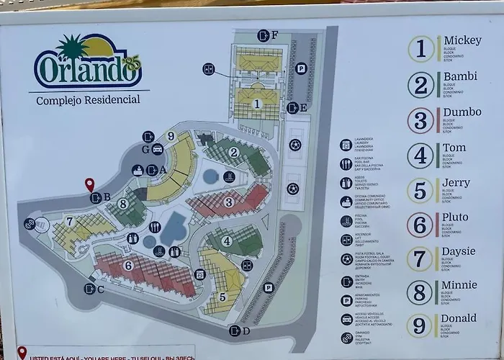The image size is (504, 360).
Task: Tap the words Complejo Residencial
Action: [89, 100]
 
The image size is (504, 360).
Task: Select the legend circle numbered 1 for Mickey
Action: [421, 49]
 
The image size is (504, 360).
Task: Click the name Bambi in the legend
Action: [460, 76]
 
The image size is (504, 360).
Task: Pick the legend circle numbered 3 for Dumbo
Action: [421, 120]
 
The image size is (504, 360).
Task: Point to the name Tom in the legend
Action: [454, 148]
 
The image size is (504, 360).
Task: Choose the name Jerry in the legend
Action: [456, 183]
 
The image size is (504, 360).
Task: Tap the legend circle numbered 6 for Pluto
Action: [420, 225]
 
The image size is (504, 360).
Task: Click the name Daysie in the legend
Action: [459, 251]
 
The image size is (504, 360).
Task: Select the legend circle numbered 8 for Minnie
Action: [420, 292]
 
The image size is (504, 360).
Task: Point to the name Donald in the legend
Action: [460, 318]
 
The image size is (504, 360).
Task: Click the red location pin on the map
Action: [90, 184]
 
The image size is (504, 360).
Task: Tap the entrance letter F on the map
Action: [274, 35]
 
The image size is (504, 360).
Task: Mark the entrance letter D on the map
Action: [246, 331]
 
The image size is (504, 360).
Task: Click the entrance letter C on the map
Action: [100, 289]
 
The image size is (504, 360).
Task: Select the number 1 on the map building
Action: [256, 104]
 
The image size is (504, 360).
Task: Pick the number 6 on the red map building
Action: [128, 265]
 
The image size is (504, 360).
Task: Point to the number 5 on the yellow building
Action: [222, 296]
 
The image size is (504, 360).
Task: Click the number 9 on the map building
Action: [171, 135]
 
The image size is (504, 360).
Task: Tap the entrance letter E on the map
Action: [303, 108]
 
